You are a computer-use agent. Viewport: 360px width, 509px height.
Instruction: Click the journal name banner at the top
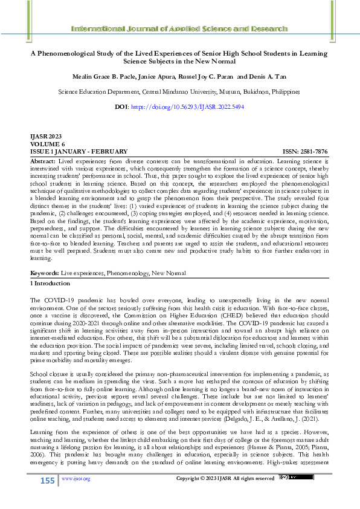pyautogui.click(x=179, y=28)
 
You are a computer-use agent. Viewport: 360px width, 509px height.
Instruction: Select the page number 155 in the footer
pyautogui.click(x=47, y=481)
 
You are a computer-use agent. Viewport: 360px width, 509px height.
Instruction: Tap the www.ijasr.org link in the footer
pyautogui.click(x=76, y=479)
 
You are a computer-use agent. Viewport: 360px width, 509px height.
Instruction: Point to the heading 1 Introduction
pyautogui.click(x=50, y=283)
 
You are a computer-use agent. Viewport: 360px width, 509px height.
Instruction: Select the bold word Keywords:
pyautogui.click(x=43, y=273)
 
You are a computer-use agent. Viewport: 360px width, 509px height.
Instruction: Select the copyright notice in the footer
pyautogui.click(x=225, y=479)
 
